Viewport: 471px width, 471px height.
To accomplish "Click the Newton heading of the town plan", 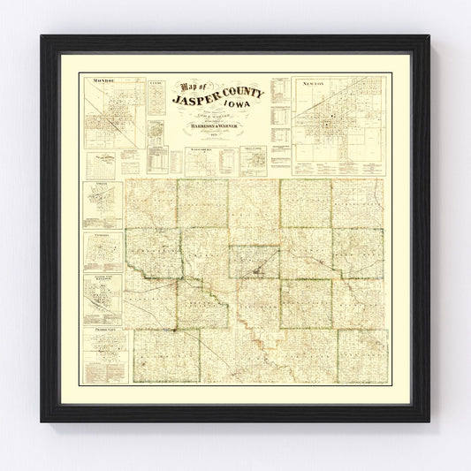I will [338, 81].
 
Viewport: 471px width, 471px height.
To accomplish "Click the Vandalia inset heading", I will [103, 237].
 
